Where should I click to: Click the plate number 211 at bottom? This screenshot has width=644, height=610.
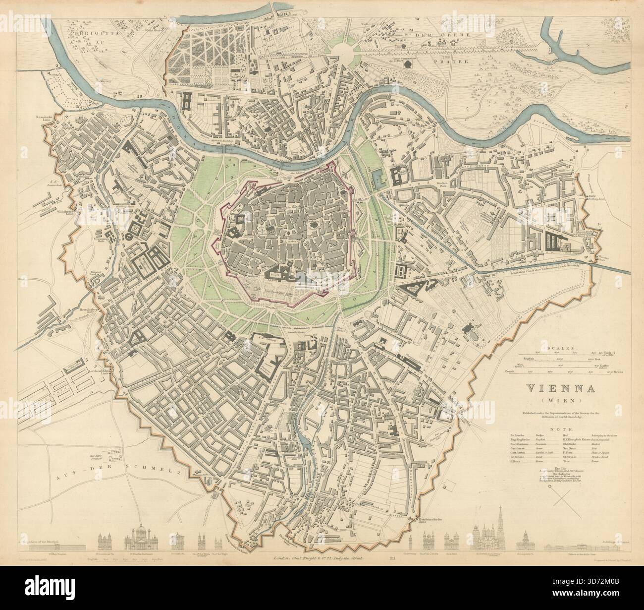point(392,559)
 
